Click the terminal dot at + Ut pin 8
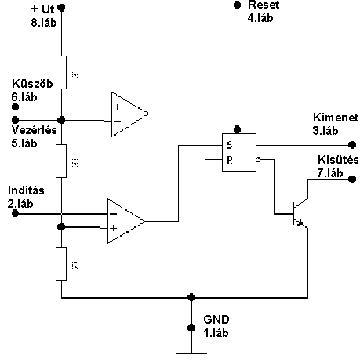click(x=61, y=8)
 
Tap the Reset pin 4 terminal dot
click(x=237, y=5)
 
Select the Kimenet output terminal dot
click(x=352, y=144)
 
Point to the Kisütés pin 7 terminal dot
click(x=352, y=179)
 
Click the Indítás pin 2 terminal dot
click(x=16, y=213)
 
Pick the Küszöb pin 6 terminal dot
click(x=16, y=107)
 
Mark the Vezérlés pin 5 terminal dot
click(x=16, y=120)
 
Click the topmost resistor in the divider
click(x=61, y=72)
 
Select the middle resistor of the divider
click(x=61, y=161)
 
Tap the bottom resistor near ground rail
click(x=61, y=264)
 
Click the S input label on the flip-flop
click(x=230, y=145)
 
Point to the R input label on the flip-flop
click(x=230, y=160)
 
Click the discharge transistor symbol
click(x=300, y=213)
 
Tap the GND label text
click(x=216, y=320)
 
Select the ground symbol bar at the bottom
click(x=191, y=353)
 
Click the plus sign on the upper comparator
click(x=118, y=107)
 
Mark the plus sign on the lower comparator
click(x=113, y=229)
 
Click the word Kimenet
click(x=336, y=118)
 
